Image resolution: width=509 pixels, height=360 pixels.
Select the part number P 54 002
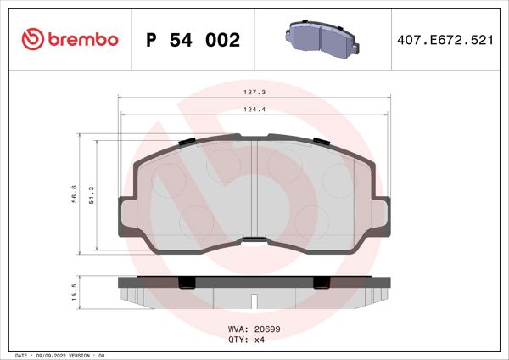click(193, 39)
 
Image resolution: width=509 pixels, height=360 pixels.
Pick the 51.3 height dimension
click(92, 194)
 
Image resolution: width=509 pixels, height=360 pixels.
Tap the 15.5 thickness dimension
click(76, 292)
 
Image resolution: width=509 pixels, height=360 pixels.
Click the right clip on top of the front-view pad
click(320, 141)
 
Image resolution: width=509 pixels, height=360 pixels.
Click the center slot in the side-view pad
click(255, 299)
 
